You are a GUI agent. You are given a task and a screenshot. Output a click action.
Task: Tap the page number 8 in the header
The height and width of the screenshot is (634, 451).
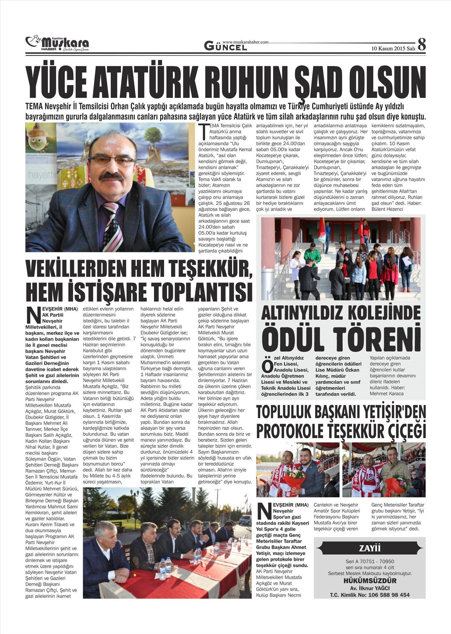click(x=422, y=45)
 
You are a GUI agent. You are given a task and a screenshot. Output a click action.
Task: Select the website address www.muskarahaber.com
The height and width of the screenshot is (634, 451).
click(x=245, y=42)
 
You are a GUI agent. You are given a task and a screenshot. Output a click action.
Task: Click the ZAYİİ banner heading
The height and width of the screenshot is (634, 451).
click(x=370, y=548)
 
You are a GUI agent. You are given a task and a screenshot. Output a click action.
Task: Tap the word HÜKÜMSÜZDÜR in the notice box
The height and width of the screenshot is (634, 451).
click(x=370, y=581)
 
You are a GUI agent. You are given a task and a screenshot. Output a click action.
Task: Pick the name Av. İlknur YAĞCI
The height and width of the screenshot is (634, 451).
click(x=370, y=588)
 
